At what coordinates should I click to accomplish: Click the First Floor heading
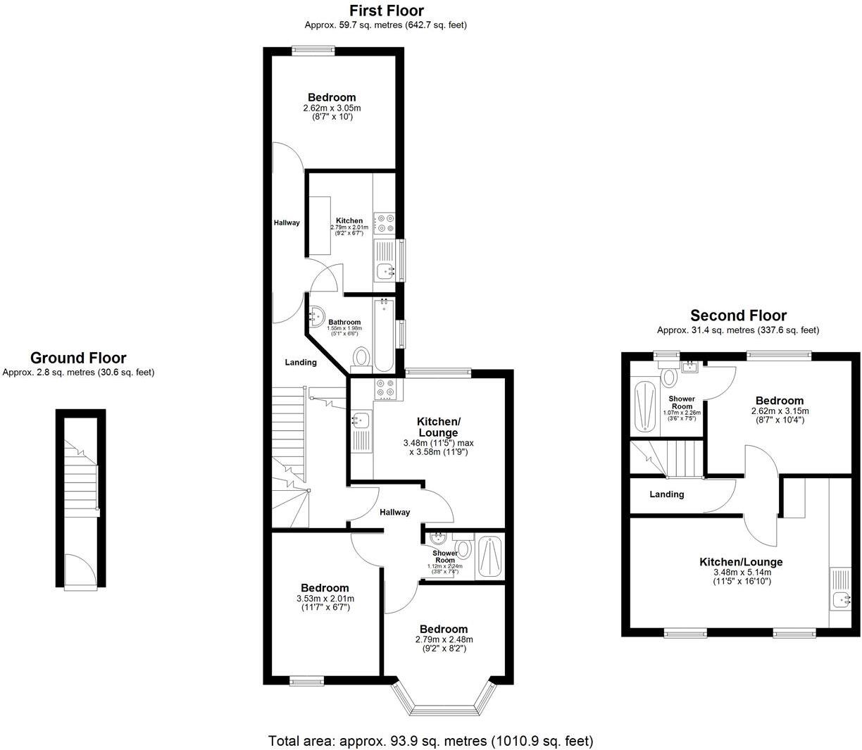click(x=387, y=11)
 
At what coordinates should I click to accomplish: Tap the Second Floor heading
click(x=738, y=315)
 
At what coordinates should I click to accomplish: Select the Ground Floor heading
click(x=78, y=358)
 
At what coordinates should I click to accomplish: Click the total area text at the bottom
click(x=430, y=741)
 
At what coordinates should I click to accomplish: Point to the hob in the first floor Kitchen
click(x=385, y=223)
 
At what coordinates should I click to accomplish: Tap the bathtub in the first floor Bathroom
click(x=384, y=334)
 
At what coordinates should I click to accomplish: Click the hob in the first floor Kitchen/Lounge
click(x=385, y=389)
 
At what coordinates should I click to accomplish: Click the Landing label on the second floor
click(x=666, y=494)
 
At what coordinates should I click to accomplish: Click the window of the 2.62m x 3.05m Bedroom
click(x=313, y=50)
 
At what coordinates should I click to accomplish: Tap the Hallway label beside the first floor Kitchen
click(x=287, y=223)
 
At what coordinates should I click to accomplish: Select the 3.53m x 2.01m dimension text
click(x=325, y=599)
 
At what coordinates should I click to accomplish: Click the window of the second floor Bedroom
click(x=779, y=354)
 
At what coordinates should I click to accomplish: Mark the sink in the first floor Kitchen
click(x=385, y=270)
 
